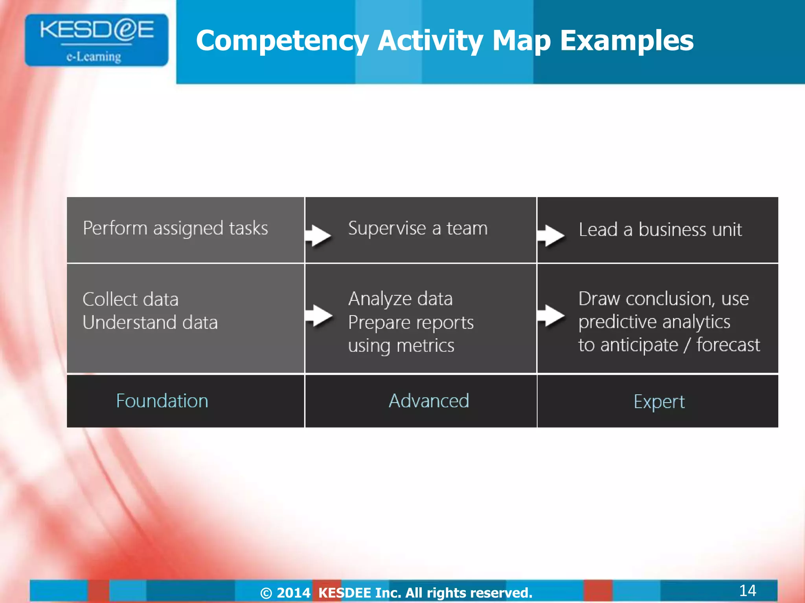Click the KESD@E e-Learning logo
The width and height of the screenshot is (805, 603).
(x=97, y=40)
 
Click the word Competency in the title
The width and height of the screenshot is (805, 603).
(x=281, y=41)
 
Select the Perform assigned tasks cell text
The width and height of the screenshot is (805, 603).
(x=175, y=228)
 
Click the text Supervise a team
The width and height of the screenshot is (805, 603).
(x=417, y=228)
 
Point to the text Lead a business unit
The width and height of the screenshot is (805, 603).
(x=660, y=230)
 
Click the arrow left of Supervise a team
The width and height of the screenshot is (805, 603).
(x=318, y=236)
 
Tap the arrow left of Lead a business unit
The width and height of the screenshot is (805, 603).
(x=551, y=236)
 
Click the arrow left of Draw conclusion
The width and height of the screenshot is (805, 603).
(x=551, y=315)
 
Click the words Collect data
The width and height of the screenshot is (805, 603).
(x=130, y=300)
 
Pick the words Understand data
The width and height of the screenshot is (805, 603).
(x=150, y=323)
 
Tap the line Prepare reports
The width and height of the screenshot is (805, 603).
(x=411, y=323)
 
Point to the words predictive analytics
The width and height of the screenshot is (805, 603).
(x=654, y=322)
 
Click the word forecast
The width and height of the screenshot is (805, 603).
(x=728, y=345)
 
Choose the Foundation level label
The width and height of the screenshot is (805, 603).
(x=162, y=401)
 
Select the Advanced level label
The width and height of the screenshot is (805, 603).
(x=429, y=401)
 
